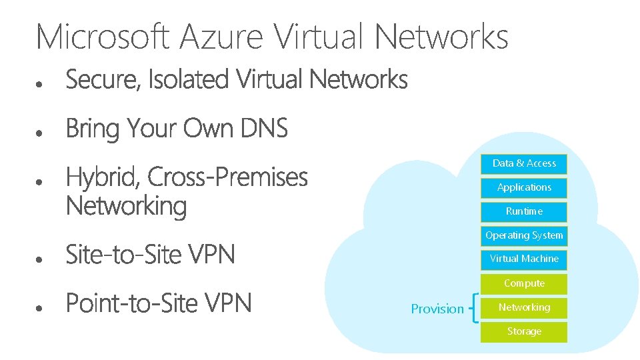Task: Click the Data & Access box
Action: pyautogui.click(x=524, y=163)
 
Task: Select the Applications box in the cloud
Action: pyautogui.click(x=524, y=187)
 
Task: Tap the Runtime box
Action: pyautogui.click(x=524, y=211)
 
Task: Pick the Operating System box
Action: pyautogui.click(x=524, y=235)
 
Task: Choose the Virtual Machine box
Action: pyautogui.click(x=524, y=259)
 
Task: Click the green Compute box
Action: pyautogui.click(x=524, y=283)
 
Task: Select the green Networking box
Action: pyautogui.click(x=524, y=307)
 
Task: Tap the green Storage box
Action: pyautogui.click(x=524, y=331)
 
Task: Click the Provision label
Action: pyautogui.click(x=437, y=309)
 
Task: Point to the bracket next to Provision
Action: pyautogui.click(x=474, y=308)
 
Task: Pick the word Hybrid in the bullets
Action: pyautogui.click(x=102, y=178)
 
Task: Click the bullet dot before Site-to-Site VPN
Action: pyautogui.click(x=41, y=258)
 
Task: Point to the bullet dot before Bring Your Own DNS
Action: pyautogui.click(x=41, y=133)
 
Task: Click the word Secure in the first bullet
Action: pyautogui.click(x=103, y=81)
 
